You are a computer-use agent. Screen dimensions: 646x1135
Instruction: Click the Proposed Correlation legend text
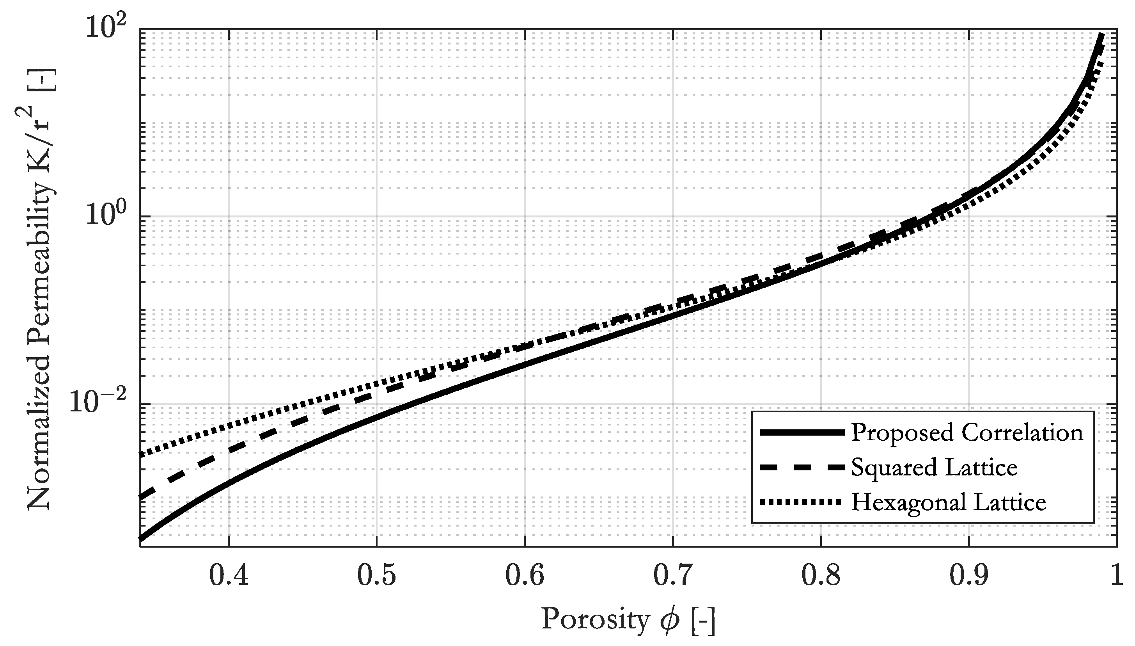coord(967,432)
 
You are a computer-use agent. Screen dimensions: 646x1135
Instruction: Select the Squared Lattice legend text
coord(934,467)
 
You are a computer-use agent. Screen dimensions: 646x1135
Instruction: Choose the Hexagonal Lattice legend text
coord(948,502)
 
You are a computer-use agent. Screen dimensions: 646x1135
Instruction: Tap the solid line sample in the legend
coord(801,432)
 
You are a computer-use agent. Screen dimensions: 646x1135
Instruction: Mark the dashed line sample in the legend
coord(801,468)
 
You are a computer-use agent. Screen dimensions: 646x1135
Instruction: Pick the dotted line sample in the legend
coord(801,502)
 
